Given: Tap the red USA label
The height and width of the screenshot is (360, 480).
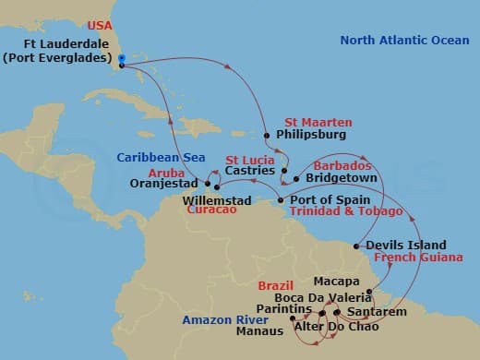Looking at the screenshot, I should pyautogui.click(x=100, y=25).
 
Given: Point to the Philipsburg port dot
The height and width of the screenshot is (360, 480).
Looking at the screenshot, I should pyautogui.click(x=267, y=136).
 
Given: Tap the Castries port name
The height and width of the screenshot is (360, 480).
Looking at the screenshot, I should pyautogui.click(x=250, y=171).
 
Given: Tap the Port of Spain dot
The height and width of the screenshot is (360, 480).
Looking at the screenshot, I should pyautogui.click(x=282, y=199).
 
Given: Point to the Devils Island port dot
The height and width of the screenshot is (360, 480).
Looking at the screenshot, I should pyautogui.click(x=358, y=246).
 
